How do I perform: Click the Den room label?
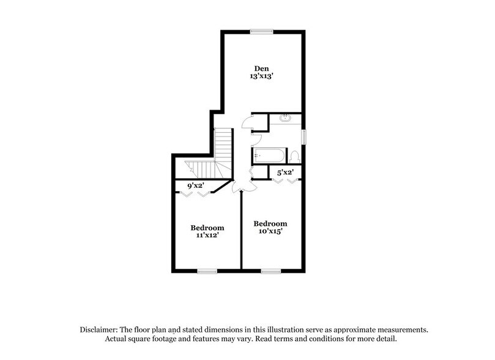tap(262, 67)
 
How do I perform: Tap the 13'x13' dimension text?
tap(262, 77)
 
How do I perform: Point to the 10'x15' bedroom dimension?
tap(270, 232)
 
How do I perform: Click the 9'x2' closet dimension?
tap(196, 185)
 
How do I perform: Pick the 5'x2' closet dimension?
tap(285, 173)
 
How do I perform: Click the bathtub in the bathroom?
tap(269, 156)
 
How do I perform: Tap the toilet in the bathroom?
tap(294, 156)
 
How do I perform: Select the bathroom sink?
tap(285, 118)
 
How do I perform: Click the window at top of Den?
tap(262, 31)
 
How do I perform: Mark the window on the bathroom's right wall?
tap(303, 136)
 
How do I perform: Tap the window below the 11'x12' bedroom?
tap(207, 270)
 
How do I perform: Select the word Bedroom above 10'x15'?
tap(270, 223)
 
